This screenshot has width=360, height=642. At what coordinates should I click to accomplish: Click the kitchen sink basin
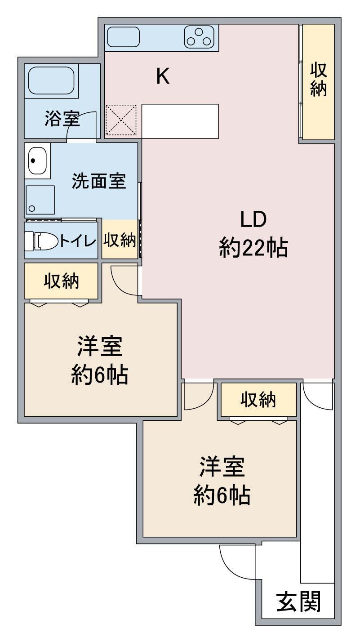[x=123, y=37]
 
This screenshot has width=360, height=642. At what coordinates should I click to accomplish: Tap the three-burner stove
[x=199, y=37]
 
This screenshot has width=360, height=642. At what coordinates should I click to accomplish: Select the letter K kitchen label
[x=163, y=76]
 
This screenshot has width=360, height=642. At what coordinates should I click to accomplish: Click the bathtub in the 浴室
[x=51, y=80]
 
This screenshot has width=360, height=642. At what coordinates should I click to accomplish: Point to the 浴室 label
[x=62, y=118]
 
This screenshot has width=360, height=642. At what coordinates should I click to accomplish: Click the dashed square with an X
[x=121, y=120]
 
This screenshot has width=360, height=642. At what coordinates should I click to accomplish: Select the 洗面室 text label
[x=99, y=181]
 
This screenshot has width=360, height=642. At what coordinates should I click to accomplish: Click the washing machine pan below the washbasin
[x=40, y=200]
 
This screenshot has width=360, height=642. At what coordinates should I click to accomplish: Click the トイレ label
[x=78, y=241]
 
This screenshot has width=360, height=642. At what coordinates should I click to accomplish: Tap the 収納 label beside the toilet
[x=120, y=240]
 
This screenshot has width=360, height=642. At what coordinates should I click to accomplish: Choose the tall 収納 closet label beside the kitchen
[x=318, y=80]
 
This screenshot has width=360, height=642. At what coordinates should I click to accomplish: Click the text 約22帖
[x=253, y=248]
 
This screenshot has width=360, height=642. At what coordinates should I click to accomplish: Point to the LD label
[x=253, y=219]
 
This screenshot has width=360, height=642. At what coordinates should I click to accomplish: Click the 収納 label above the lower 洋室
[x=258, y=400]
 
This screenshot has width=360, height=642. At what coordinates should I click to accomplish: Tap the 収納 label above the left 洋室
[x=61, y=281]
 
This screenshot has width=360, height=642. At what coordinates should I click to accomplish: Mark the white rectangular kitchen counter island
[x=180, y=121]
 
